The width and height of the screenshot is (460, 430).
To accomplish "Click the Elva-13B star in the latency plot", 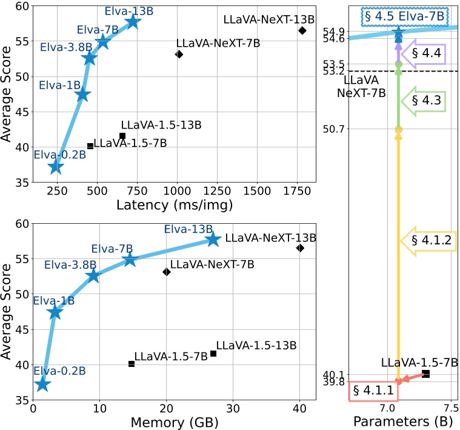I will pos(133,22).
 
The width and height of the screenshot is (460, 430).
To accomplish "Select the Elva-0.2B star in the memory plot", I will pos(42,384).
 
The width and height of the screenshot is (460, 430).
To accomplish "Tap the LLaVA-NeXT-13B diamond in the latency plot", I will pos(302,30).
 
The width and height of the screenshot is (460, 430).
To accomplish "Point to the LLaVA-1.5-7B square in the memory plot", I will pos(132,363).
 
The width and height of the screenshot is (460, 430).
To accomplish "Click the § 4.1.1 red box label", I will pos(373,391).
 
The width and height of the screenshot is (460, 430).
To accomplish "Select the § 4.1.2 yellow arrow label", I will pos(431,240).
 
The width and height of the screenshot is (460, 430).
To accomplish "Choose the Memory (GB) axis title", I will pos(175,422).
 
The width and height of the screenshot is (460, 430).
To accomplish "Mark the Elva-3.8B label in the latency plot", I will pos(61,47).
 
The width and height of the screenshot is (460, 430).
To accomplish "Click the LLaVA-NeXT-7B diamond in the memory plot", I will pos(167,272).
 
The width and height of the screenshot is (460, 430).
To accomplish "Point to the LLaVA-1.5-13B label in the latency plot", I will pos(161,125).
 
